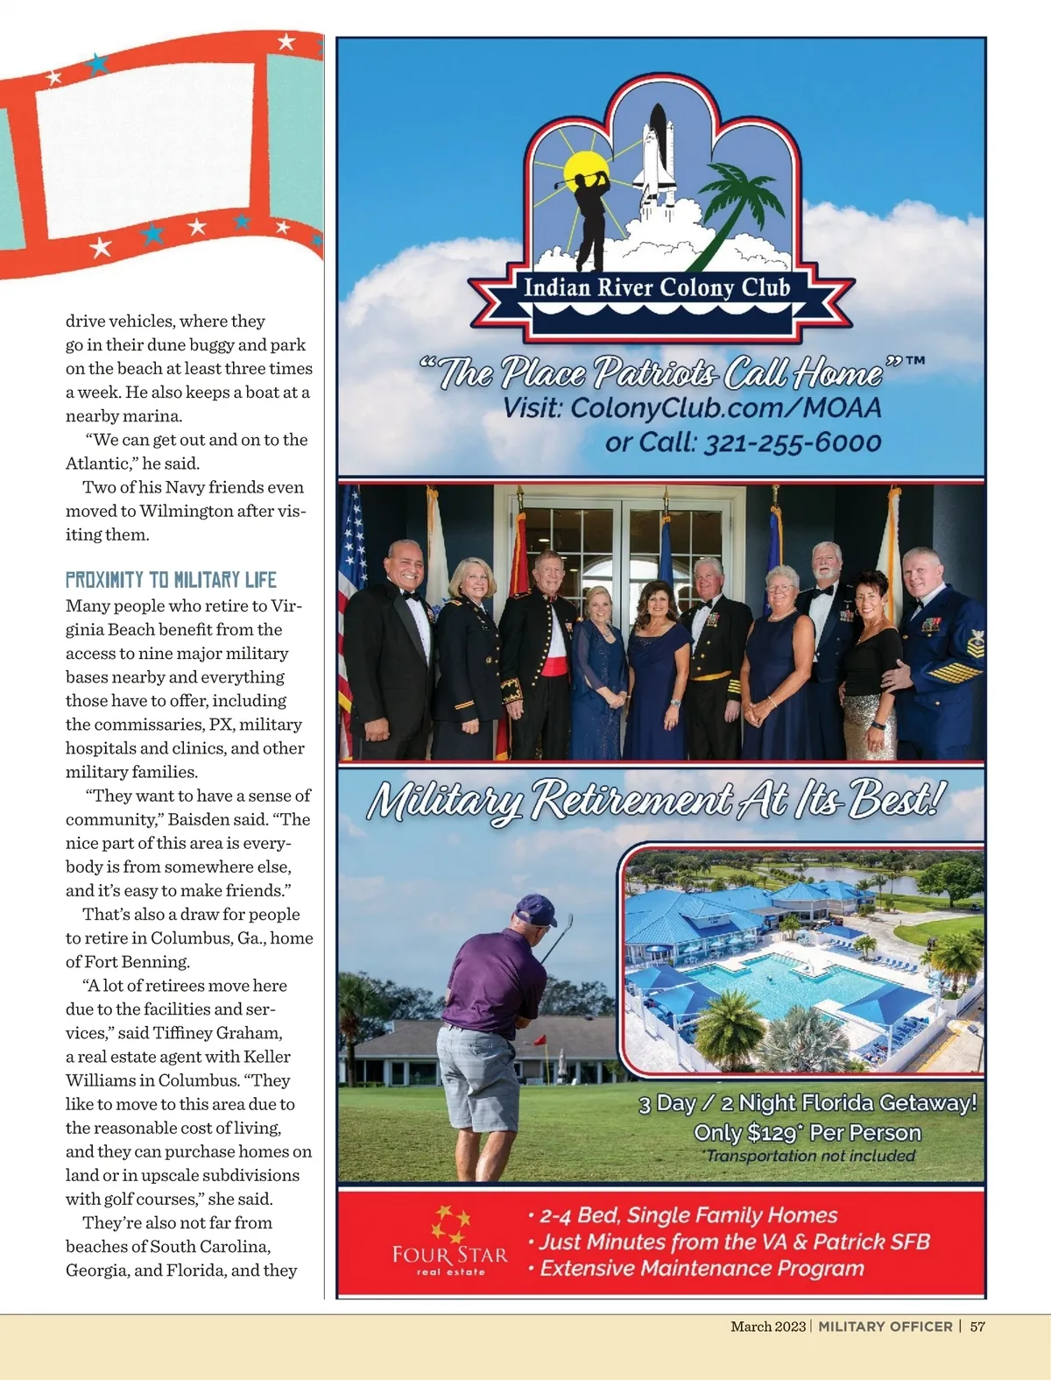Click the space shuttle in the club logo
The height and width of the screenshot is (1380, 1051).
pyautogui.click(x=657, y=158)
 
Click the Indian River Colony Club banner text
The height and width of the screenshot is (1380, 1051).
pyautogui.click(x=657, y=287)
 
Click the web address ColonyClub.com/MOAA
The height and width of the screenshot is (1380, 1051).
pyautogui.click(x=725, y=408)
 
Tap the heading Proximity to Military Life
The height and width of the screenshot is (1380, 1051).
pyautogui.click(x=171, y=580)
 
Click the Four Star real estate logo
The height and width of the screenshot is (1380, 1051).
pyautogui.click(x=450, y=1241)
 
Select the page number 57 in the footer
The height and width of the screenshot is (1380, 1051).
pyautogui.click(x=977, y=1327)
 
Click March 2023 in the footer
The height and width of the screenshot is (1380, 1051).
pyautogui.click(x=768, y=1327)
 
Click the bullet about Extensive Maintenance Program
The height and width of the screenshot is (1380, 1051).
pyautogui.click(x=701, y=1268)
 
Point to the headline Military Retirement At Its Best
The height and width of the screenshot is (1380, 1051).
pyautogui.click(x=657, y=800)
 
